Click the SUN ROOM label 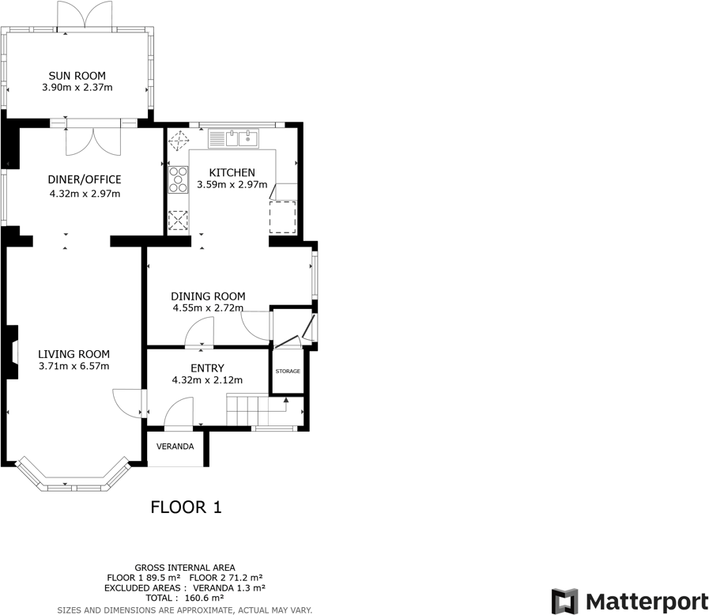(77, 76)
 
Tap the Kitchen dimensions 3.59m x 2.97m (232, 184)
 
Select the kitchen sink (233, 139)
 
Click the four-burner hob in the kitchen (178, 180)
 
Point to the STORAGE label (288, 372)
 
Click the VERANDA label (175, 447)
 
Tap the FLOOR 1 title (186, 507)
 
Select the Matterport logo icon (564, 602)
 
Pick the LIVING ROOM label (74, 354)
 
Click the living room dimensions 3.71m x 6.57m (74, 366)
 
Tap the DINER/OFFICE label (85, 179)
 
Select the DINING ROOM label (208, 296)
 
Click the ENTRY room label (207, 368)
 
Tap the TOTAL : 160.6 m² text (185, 598)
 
